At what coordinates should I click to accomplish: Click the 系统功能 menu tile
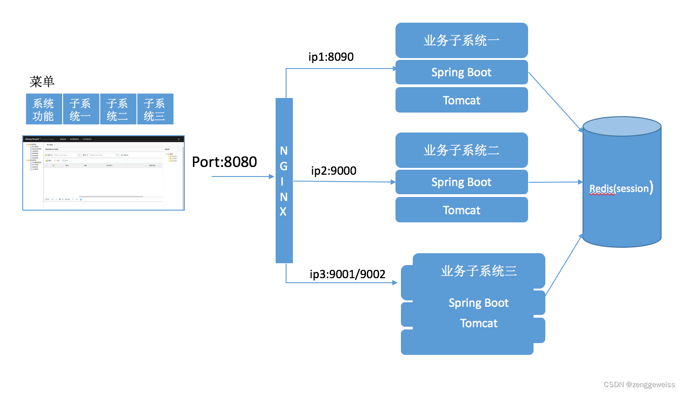click(44, 109)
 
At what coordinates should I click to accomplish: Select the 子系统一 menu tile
click(81, 109)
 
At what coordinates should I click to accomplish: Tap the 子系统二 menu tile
click(118, 109)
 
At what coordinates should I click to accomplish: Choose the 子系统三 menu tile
click(155, 109)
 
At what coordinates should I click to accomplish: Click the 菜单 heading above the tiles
click(42, 82)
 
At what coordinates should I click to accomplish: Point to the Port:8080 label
click(224, 162)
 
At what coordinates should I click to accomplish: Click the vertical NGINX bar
click(284, 181)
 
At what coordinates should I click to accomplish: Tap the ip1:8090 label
click(331, 57)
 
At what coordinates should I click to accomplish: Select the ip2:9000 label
click(334, 171)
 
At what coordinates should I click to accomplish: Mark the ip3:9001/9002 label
click(347, 275)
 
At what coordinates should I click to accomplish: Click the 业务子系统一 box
click(461, 40)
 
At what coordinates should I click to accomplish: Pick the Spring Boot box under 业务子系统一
click(461, 73)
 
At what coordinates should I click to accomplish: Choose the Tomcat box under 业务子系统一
click(461, 100)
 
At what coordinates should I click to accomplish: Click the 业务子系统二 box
click(461, 150)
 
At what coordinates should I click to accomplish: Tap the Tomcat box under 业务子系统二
click(461, 210)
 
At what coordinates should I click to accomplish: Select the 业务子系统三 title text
click(479, 271)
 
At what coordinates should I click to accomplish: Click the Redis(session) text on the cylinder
click(621, 188)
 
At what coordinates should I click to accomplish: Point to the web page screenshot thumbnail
click(104, 173)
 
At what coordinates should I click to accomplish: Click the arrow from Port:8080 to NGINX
click(242, 177)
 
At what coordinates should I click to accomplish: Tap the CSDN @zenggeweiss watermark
click(639, 385)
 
